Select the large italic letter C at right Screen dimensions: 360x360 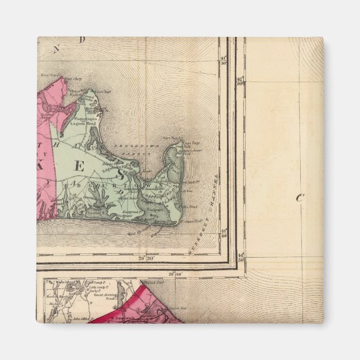(299, 197)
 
